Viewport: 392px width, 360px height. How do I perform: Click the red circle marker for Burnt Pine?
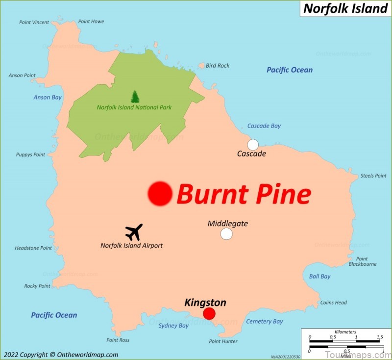(160, 193)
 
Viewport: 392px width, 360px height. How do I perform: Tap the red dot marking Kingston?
(209, 313)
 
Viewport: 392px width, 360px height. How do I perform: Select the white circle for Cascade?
(253, 145)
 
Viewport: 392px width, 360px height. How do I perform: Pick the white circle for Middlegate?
(226, 234)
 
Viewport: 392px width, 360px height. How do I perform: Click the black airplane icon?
(134, 231)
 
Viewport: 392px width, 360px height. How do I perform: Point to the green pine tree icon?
(135, 97)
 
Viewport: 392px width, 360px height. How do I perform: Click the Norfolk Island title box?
(345, 8)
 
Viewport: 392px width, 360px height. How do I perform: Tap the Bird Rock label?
(218, 66)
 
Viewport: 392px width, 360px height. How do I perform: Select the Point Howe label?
(91, 22)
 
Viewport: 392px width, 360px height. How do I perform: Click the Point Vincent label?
(34, 22)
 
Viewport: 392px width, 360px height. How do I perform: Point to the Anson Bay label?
(48, 97)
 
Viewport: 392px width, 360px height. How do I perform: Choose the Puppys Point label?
(30, 154)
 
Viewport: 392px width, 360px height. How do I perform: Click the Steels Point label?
(373, 176)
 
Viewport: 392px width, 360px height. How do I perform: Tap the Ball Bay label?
(319, 277)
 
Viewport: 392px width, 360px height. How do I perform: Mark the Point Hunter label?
(223, 341)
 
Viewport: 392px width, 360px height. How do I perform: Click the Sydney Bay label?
(173, 326)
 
